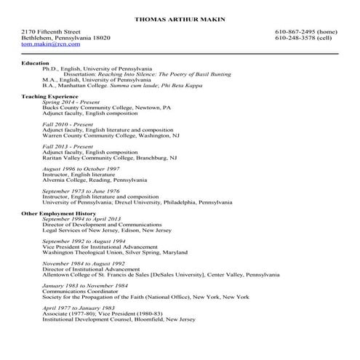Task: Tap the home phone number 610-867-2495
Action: [305, 32]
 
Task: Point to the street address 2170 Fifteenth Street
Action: [51, 32]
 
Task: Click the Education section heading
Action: [36, 63]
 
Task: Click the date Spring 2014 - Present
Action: [72, 102]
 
